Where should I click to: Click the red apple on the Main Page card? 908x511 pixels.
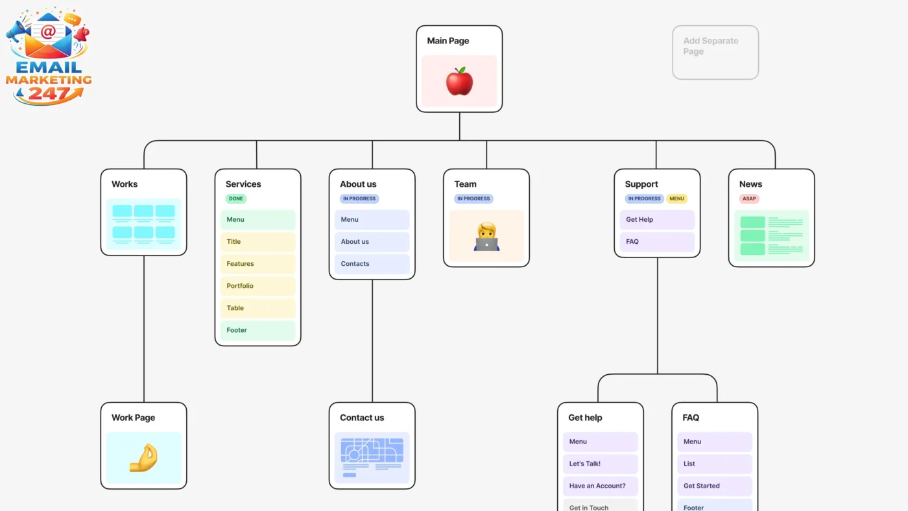[459, 82]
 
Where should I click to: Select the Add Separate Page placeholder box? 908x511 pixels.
[715, 53]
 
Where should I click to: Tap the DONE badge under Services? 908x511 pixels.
[236, 199]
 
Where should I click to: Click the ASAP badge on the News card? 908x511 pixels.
[749, 199]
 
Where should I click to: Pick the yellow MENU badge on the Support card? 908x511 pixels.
[676, 199]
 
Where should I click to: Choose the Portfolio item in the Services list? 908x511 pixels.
[257, 286]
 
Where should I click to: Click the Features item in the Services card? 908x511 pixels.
[257, 264]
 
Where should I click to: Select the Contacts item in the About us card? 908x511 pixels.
[372, 264]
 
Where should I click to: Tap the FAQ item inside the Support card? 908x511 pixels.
[657, 242]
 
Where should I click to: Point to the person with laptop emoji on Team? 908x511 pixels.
[486, 237]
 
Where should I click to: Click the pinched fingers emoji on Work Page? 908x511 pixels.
[143, 458]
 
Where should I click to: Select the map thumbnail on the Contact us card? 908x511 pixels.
[372, 458]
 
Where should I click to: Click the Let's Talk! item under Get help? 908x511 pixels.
[600, 464]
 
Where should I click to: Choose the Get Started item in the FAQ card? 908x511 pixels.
[715, 486]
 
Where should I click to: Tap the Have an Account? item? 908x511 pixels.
[600, 486]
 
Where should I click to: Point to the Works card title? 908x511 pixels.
[125, 184]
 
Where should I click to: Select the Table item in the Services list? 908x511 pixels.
[257, 308]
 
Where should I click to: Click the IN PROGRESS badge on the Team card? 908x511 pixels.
[473, 199]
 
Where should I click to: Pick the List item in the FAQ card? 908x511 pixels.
[715, 464]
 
